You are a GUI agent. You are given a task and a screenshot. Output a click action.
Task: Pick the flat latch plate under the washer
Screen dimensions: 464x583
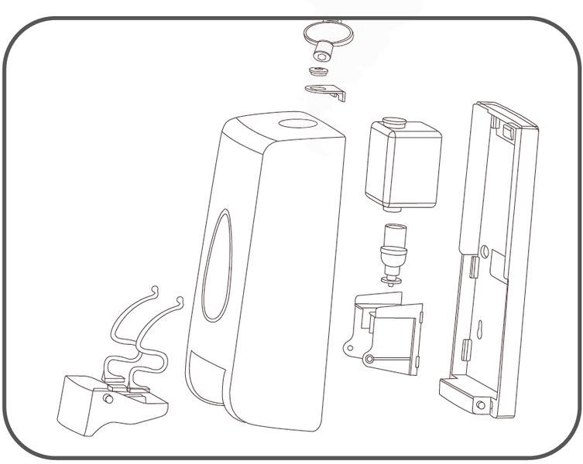point(324,90)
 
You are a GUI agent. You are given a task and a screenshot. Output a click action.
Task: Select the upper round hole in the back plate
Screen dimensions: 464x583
point(485,251)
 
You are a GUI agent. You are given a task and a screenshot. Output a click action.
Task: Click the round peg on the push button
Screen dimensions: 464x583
point(107,398)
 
